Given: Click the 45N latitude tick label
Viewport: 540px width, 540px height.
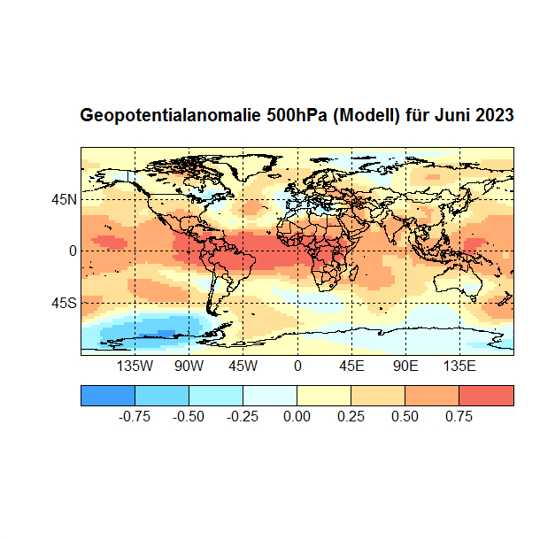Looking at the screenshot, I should click(63, 199).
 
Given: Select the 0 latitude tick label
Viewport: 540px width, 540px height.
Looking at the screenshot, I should click(73, 251).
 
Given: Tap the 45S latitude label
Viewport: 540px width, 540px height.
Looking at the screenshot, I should click(63, 303).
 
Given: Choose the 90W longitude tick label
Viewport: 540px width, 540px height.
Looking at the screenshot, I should click(189, 366).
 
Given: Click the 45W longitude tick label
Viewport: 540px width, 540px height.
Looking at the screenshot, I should click(243, 366).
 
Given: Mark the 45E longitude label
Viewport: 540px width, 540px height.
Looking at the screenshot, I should click(351, 366).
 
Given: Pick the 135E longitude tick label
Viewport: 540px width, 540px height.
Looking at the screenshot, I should click(459, 366).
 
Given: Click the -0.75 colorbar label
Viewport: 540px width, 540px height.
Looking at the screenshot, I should click(133, 416).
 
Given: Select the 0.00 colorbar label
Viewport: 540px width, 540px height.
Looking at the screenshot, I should click(297, 416).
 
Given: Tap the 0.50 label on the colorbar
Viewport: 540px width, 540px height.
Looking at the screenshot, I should click(405, 416).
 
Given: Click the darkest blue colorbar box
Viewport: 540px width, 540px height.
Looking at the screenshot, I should click(107, 395).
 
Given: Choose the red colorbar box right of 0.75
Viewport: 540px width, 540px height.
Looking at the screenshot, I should click(486, 395).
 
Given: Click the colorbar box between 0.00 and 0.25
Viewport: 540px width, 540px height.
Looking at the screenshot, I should click(324, 395).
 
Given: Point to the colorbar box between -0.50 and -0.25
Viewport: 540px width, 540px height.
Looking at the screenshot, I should click(216, 395).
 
